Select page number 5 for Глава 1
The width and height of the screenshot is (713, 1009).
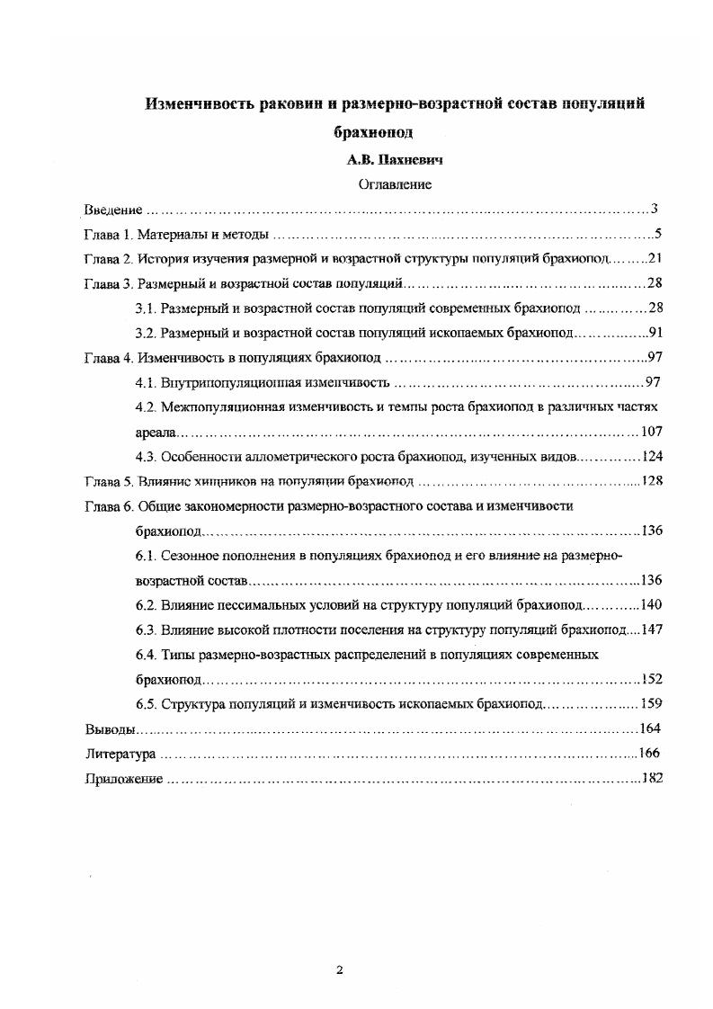(x=658, y=236)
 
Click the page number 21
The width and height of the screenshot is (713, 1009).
(x=655, y=260)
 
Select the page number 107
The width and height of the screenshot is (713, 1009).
(x=651, y=432)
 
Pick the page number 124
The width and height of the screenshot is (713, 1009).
(x=651, y=456)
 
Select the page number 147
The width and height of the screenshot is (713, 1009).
(x=651, y=629)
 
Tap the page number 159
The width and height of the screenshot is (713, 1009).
(x=651, y=703)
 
